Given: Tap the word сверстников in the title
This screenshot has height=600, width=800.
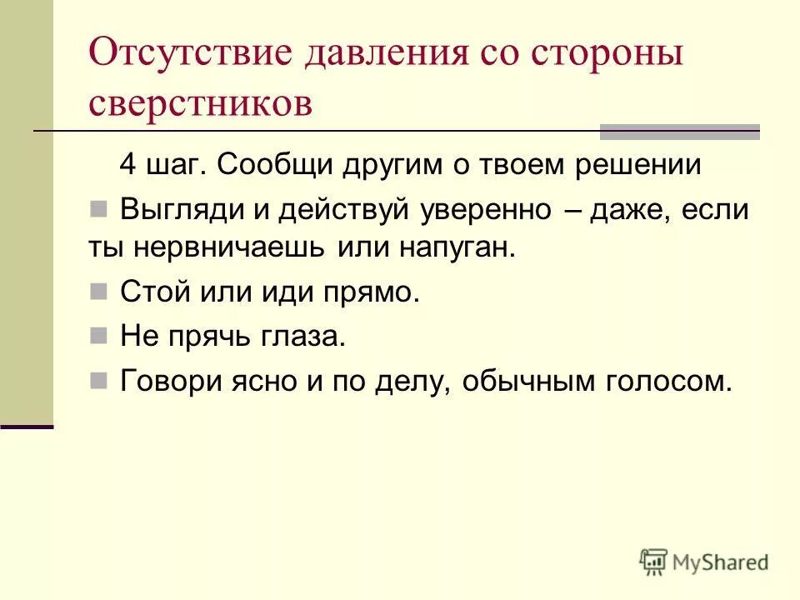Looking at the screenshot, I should (x=200, y=102).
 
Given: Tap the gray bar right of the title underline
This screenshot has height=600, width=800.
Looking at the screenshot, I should (x=680, y=132).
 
